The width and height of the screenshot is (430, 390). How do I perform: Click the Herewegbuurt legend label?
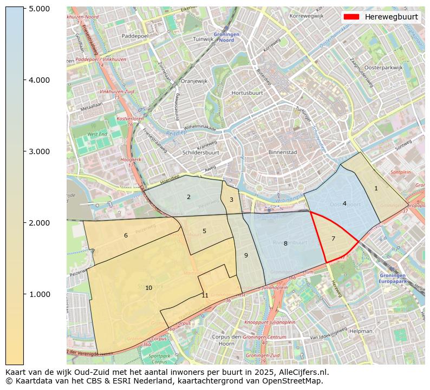pos(391,17)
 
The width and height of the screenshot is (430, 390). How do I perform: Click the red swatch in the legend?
pos(351,17)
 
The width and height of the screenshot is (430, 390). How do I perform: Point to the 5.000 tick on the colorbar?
pos(40,9)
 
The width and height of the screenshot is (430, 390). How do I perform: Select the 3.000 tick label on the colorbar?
pos(40,151)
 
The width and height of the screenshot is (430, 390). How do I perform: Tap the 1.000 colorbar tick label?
pos(40,294)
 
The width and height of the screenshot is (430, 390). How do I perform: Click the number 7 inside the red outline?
pos(333,239)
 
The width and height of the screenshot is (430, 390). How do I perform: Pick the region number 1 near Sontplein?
pos(376,188)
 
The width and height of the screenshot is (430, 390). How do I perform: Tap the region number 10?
pos(148,288)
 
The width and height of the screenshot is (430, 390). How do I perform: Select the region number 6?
pos(126,235)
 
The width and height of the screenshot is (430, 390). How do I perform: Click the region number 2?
pos(188,197)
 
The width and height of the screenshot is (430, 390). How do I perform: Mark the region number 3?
pos(231,200)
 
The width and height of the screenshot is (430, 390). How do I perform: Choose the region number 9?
pos(245,255)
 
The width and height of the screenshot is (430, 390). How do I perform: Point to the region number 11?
pos(205,295)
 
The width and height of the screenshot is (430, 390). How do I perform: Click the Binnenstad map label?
pos(283,153)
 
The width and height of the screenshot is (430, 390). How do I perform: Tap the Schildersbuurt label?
pos(201,153)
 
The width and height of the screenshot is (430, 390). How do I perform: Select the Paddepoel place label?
pos(135,36)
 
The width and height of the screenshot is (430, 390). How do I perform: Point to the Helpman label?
pos(361,330)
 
